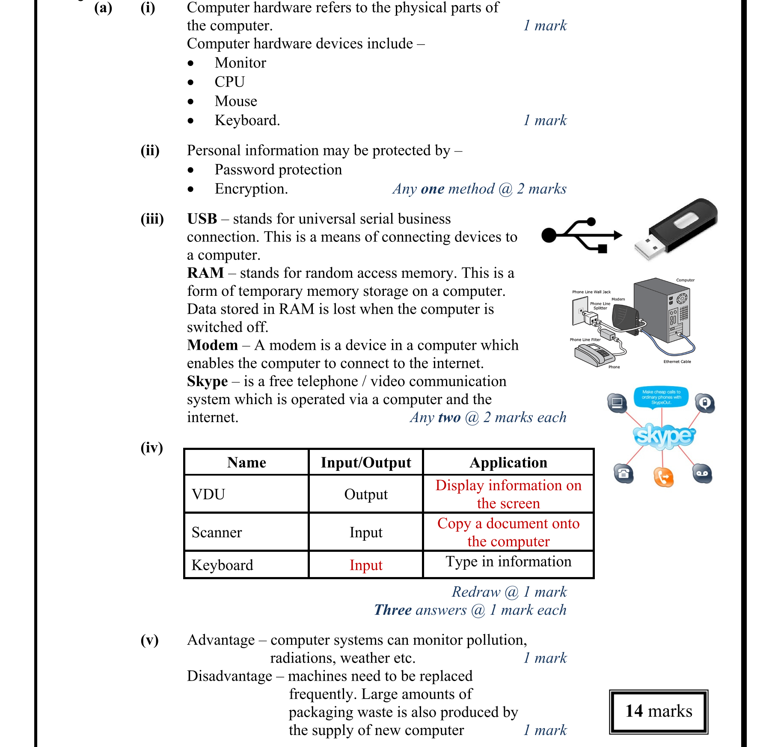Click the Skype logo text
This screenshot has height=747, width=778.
(x=664, y=436)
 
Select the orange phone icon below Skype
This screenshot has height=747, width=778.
(x=663, y=477)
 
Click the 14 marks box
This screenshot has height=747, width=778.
(x=659, y=711)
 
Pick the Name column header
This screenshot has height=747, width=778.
(x=246, y=462)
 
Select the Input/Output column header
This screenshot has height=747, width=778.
(x=366, y=462)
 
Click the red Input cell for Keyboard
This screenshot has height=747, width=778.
(x=366, y=565)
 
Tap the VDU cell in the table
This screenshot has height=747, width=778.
(x=208, y=494)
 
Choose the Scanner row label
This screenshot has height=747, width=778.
(x=217, y=533)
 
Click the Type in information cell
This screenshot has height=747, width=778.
(x=508, y=562)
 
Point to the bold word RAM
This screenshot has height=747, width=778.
(x=205, y=273)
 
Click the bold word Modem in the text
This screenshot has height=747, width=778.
(x=212, y=345)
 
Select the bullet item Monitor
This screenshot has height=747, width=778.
(x=240, y=63)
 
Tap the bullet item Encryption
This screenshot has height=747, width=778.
(x=251, y=189)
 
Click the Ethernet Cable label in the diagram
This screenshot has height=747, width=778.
(x=677, y=362)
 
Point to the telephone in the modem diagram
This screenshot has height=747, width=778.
(x=594, y=355)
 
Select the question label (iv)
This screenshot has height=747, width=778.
(x=151, y=447)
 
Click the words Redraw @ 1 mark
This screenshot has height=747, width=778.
(x=509, y=592)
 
